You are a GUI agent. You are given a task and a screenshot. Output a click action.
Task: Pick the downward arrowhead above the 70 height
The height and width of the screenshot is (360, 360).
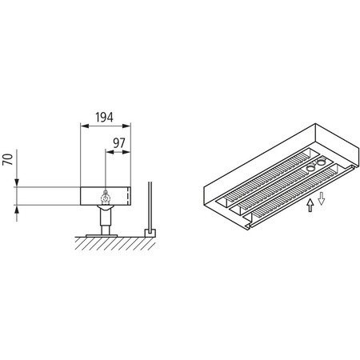click(x=17, y=182)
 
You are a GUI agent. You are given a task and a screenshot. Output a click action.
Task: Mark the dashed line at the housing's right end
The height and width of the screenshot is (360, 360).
click(x=128, y=196)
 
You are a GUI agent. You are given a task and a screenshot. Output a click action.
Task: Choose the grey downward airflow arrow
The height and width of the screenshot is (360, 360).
click(x=321, y=198)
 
